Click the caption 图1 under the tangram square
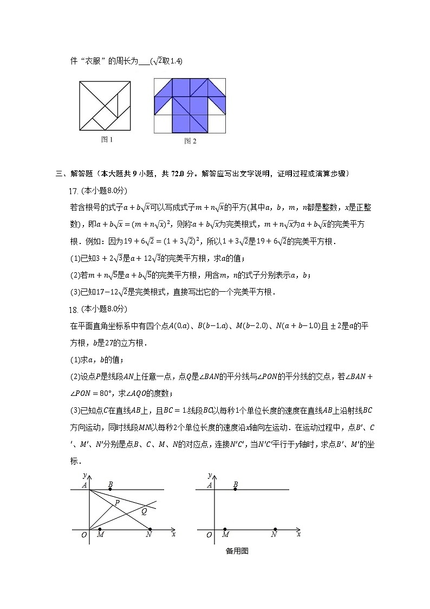click(x=107, y=140)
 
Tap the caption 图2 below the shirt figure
click(x=190, y=142)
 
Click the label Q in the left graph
click(x=145, y=510)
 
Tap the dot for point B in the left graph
click(x=110, y=490)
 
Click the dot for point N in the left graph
click(x=150, y=529)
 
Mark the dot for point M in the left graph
click(x=100, y=529)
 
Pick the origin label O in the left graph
click(x=83, y=535)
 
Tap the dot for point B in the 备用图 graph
click(x=235, y=490)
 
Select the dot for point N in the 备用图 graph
click(x=275, y=529)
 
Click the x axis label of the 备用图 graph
click(x=298, y=534)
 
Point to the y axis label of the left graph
click(x=84, y=475)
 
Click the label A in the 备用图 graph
click(x=210, y=485)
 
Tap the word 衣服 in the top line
click(x=90, y=61)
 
